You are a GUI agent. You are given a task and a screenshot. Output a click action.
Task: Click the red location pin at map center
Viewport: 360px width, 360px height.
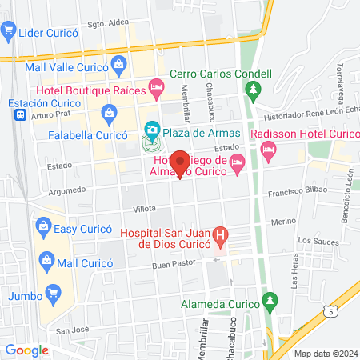(181, 163)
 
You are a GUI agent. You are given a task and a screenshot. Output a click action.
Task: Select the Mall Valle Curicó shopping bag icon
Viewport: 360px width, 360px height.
(119, 63)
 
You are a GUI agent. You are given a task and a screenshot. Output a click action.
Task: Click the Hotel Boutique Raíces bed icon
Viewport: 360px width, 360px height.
(158, 85)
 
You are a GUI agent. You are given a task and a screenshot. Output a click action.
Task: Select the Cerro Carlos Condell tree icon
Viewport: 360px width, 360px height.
(255, 89)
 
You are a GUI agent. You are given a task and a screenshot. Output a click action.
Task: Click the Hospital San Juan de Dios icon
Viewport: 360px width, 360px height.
(222, 235)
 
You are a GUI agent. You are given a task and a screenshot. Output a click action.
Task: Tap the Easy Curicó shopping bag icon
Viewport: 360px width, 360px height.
(43, 229)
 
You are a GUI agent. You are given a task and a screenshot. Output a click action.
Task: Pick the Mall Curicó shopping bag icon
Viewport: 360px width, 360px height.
(47, 261)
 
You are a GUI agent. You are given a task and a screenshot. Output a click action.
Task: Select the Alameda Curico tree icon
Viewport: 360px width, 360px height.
(270, 302)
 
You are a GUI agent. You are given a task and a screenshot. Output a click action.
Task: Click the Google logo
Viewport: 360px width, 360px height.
(26, 350)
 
